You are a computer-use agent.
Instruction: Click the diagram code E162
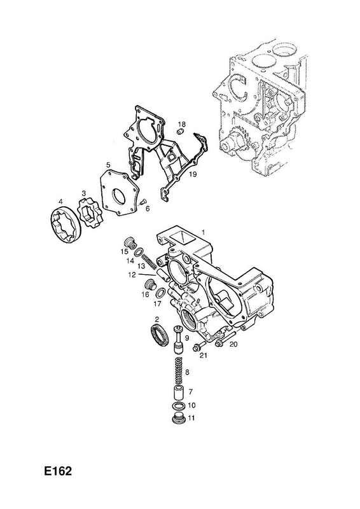(59, 471)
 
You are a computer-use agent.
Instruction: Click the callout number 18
(182, 124)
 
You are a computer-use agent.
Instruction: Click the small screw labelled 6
(142, 202)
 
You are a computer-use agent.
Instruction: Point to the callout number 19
(193, 174)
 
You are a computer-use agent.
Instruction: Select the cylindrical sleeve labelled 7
(178, 393)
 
